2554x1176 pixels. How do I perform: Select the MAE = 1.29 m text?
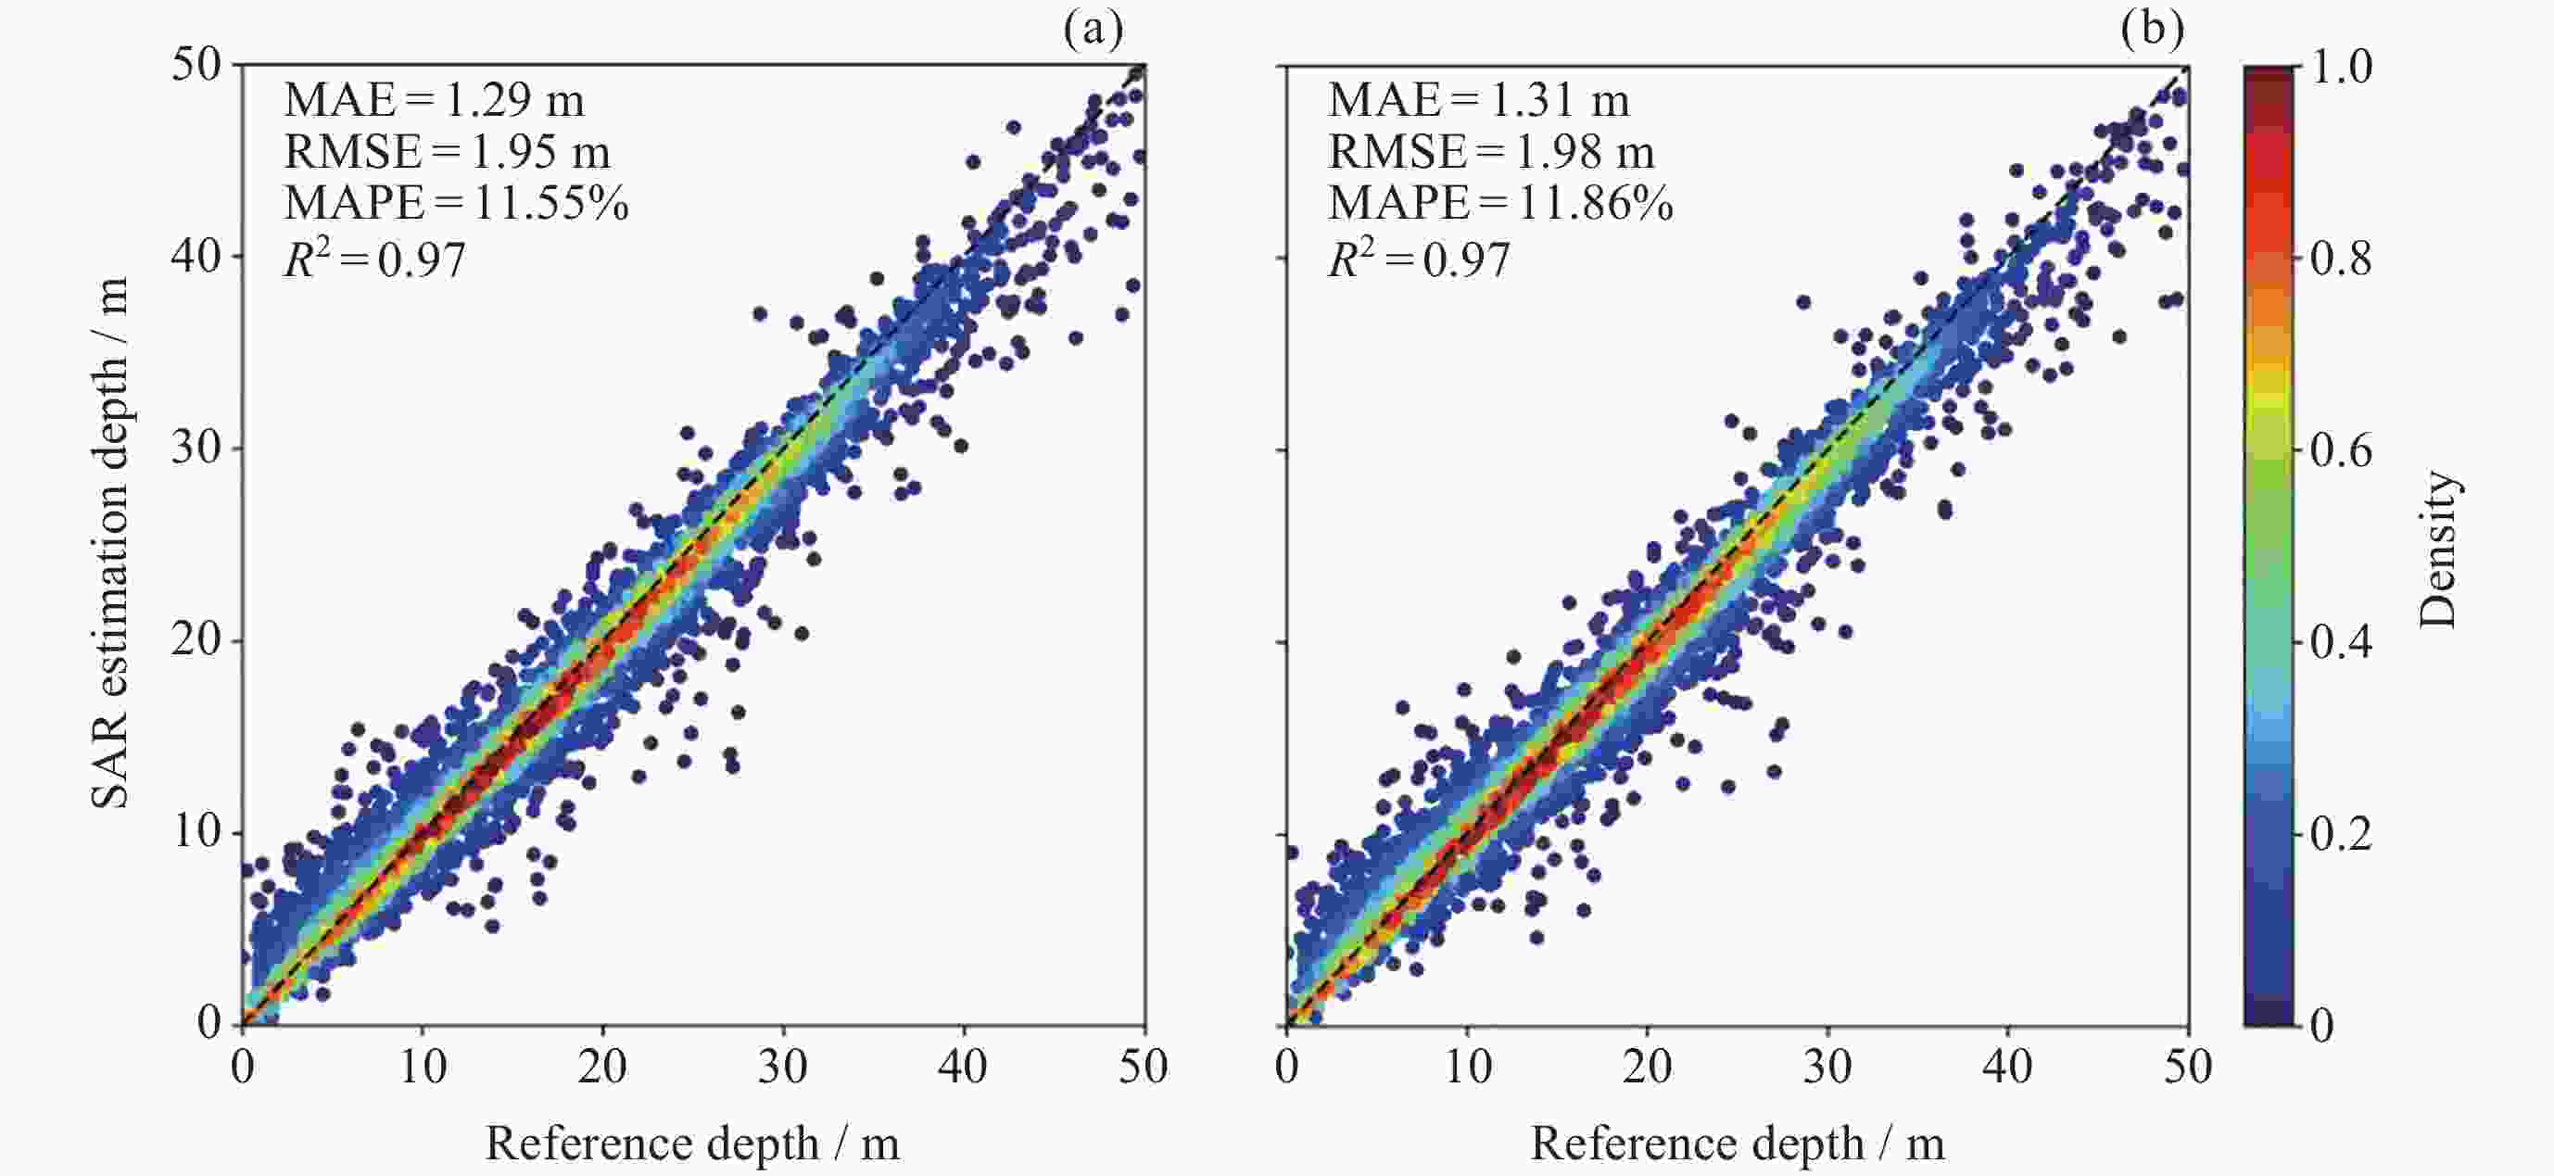435,99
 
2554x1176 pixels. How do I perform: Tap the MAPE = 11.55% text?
456,202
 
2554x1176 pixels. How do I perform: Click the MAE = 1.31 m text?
1478,99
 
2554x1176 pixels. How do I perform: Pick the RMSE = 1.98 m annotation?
1491,151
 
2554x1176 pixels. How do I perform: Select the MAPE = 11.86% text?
1500,202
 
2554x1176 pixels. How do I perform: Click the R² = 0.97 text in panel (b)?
1419,259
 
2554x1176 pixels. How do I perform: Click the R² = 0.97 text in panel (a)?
374,259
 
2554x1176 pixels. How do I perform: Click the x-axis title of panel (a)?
692,1144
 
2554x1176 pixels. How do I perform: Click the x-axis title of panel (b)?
1737,1144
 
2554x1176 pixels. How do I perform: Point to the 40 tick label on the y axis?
196,256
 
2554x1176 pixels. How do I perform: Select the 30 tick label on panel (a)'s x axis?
783,1067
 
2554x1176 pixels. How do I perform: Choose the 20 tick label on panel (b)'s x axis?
1647,1067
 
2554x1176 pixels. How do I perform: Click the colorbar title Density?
2438,550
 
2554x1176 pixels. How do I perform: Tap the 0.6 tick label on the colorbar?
2341,450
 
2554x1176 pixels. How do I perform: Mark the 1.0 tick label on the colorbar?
2341,67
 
